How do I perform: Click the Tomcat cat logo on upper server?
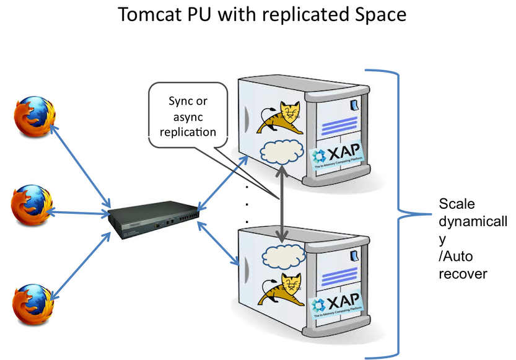[282, 117]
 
